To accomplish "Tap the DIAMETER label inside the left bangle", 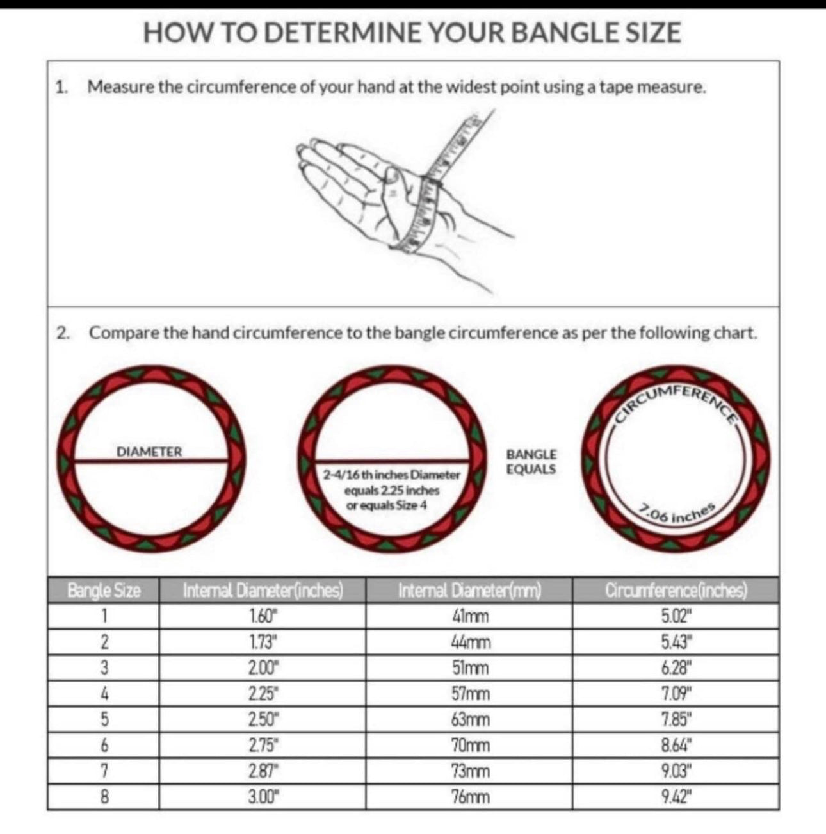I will coord(149,452).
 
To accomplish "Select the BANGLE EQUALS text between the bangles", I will coord(531,461).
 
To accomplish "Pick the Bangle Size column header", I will coord(104,590).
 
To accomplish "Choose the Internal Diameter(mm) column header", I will coord(469,590).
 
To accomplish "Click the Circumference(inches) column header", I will coord(676,590).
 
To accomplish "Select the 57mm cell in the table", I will coord(470,694).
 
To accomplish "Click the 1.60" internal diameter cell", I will coord(263,616).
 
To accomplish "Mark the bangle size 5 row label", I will coord(104,719).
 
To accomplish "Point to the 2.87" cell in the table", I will coord(263,771).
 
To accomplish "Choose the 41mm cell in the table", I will coord(470,616).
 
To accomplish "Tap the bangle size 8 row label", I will coord(104,797).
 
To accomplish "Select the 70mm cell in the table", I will coord(470,746).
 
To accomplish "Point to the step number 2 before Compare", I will coord(61,333).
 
